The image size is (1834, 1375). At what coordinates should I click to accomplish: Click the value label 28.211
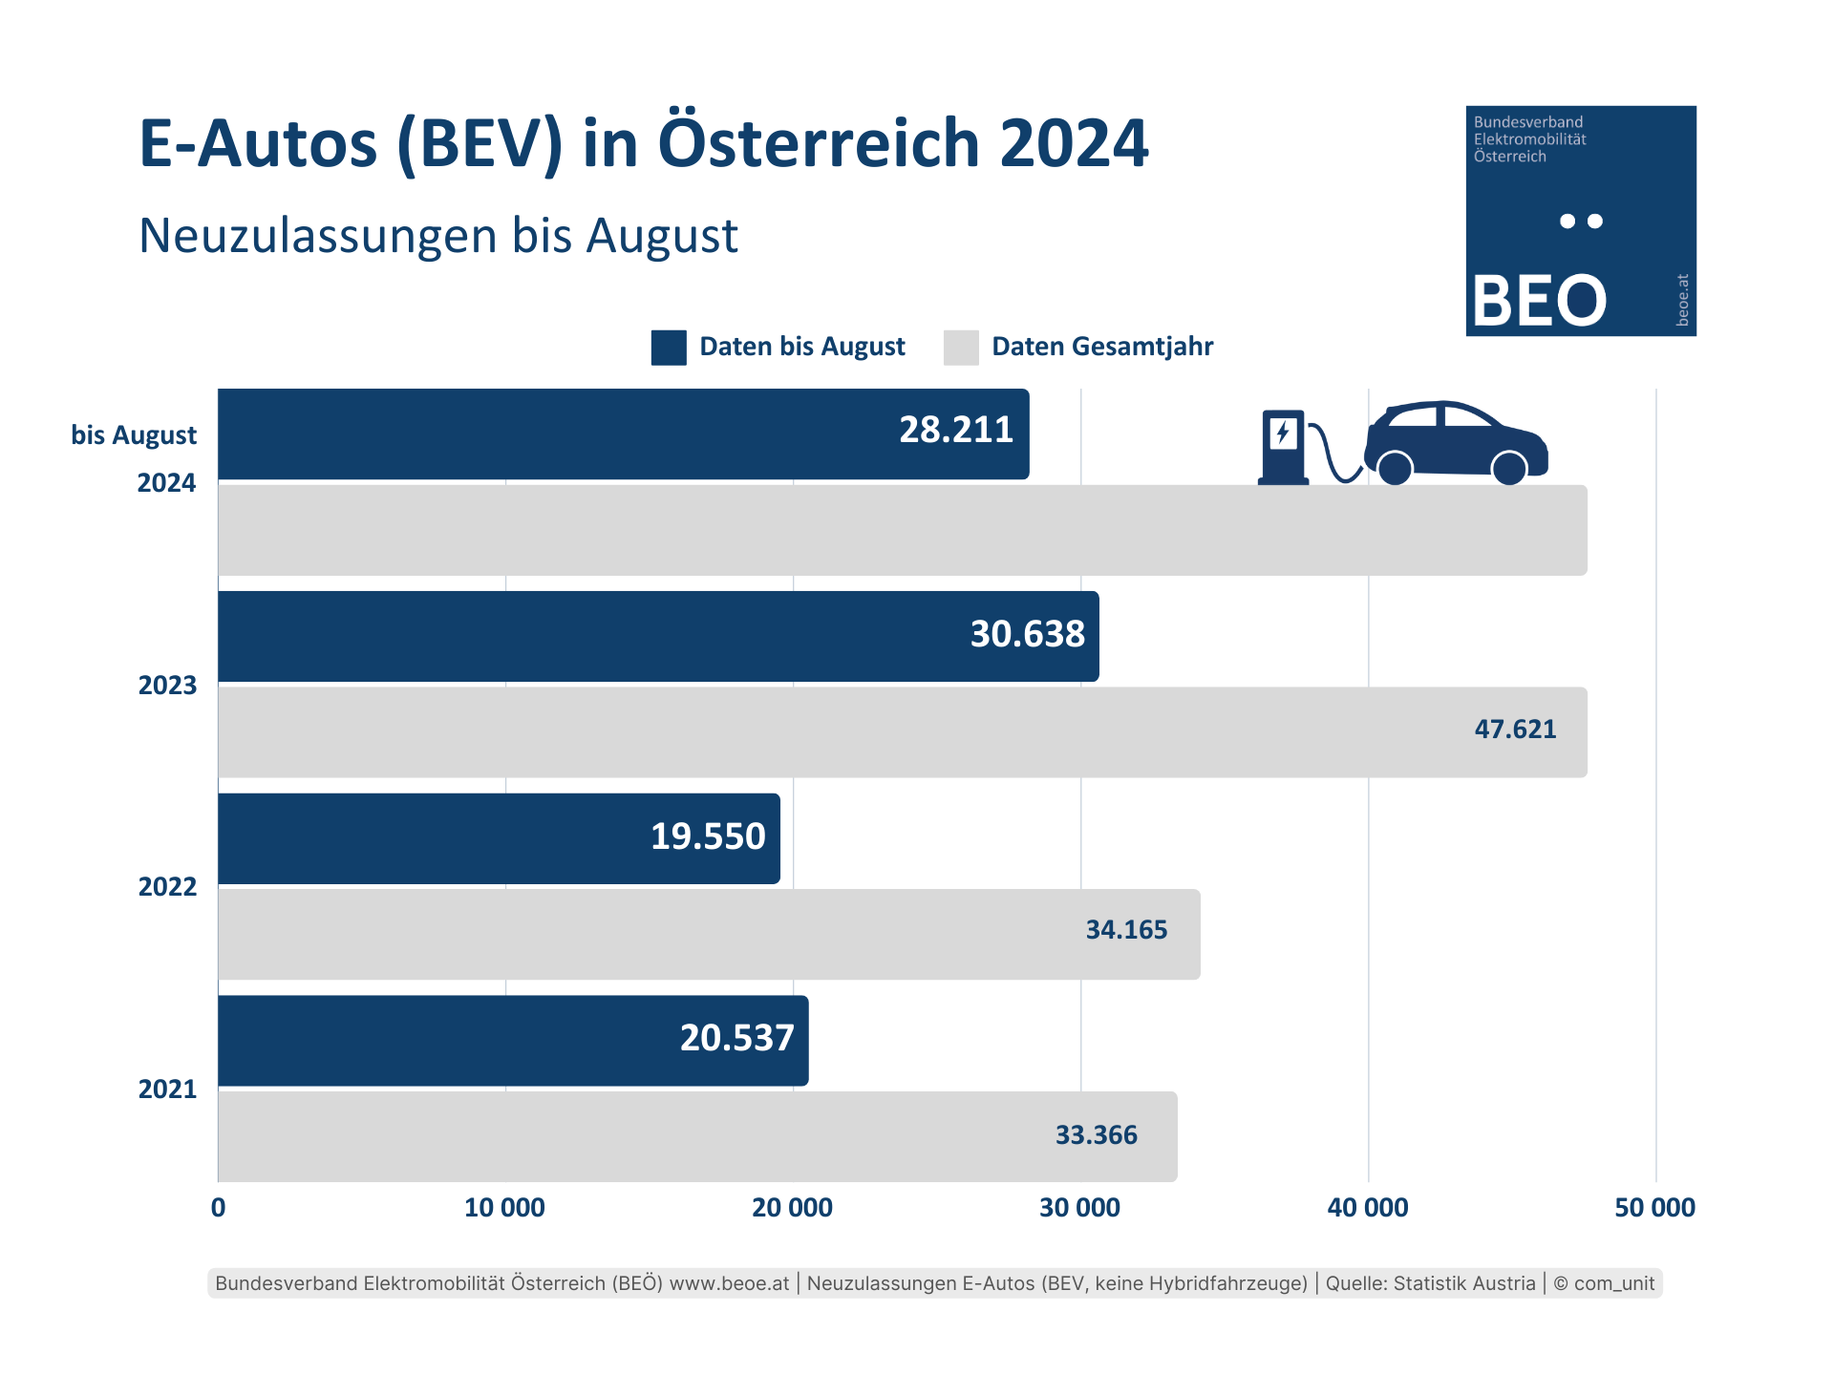(955, 431)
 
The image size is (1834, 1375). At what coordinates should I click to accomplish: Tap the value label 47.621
(1515, 730)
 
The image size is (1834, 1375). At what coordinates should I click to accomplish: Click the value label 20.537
(736, 1038)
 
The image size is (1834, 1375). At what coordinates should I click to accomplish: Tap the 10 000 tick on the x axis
(504, 1208)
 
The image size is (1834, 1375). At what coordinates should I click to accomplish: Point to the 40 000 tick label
(1367, 1208)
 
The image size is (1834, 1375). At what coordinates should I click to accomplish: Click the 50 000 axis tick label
(1654, 1208)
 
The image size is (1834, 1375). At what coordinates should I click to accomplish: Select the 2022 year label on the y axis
(167, 887)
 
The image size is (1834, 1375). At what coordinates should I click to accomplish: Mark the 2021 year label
(167, 1089)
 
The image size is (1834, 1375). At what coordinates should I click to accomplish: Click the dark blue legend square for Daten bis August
(669, 348)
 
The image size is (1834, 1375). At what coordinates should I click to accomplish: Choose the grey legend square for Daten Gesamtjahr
(961, 348)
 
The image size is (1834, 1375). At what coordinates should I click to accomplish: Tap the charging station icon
(1283, 447)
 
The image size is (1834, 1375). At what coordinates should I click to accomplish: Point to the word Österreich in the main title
(819, 143)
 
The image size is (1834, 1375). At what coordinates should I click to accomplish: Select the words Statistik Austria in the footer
(1463, 1283)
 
